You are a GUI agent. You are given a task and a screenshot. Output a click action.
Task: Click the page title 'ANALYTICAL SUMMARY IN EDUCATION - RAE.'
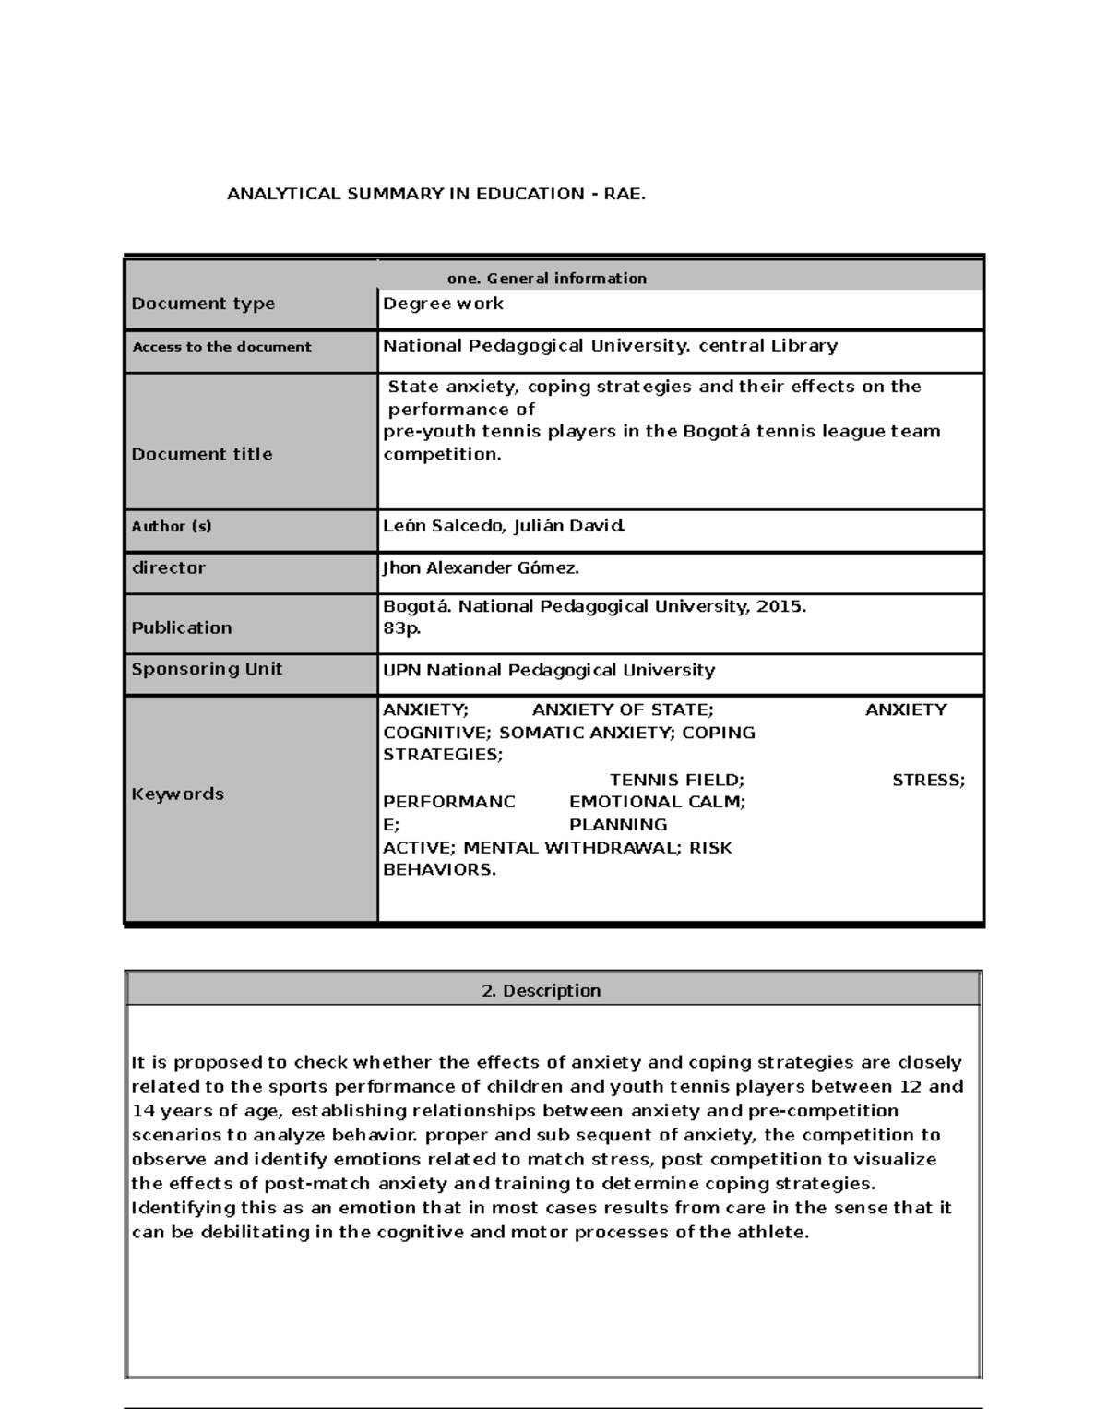(x=436, y=194)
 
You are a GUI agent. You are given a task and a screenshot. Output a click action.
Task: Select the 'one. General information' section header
(x=546, y=278)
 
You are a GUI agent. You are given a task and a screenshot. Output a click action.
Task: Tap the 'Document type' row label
(x=203, y=304)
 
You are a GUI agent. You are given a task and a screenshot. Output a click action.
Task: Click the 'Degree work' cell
(x=443, y=304)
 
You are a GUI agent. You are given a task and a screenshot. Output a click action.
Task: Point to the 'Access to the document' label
(x=221, y=347)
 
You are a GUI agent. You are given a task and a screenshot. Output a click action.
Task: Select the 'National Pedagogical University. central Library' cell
(x=610, y=346)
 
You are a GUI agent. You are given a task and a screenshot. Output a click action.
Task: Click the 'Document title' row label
(x=202, y=454)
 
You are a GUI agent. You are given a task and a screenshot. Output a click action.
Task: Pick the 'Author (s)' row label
(x=172, y=526)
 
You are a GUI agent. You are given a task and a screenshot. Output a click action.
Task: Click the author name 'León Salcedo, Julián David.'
(x=504, y=526)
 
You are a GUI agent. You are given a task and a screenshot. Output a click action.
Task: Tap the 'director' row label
(x=168, y=567)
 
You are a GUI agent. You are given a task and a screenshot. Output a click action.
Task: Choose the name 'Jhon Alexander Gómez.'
(x=481, y=568)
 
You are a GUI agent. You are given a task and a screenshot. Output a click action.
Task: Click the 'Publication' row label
(x=182, y=627)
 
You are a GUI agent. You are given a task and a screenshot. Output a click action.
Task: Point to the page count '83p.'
(x=402, y=628)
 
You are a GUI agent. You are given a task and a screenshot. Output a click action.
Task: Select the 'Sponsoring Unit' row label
(x=207, y=669)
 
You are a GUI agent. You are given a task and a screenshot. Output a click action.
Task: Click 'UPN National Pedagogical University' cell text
(x=549, y=670)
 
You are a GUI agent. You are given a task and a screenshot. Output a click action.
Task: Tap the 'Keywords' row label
(x=177, y=794)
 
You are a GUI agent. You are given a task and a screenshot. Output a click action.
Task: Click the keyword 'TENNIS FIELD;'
(x=677, y=781)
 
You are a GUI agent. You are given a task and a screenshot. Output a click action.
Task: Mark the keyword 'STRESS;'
(x=928, y=781)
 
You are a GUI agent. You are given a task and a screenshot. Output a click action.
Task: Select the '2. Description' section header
(x=542, y=991)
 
